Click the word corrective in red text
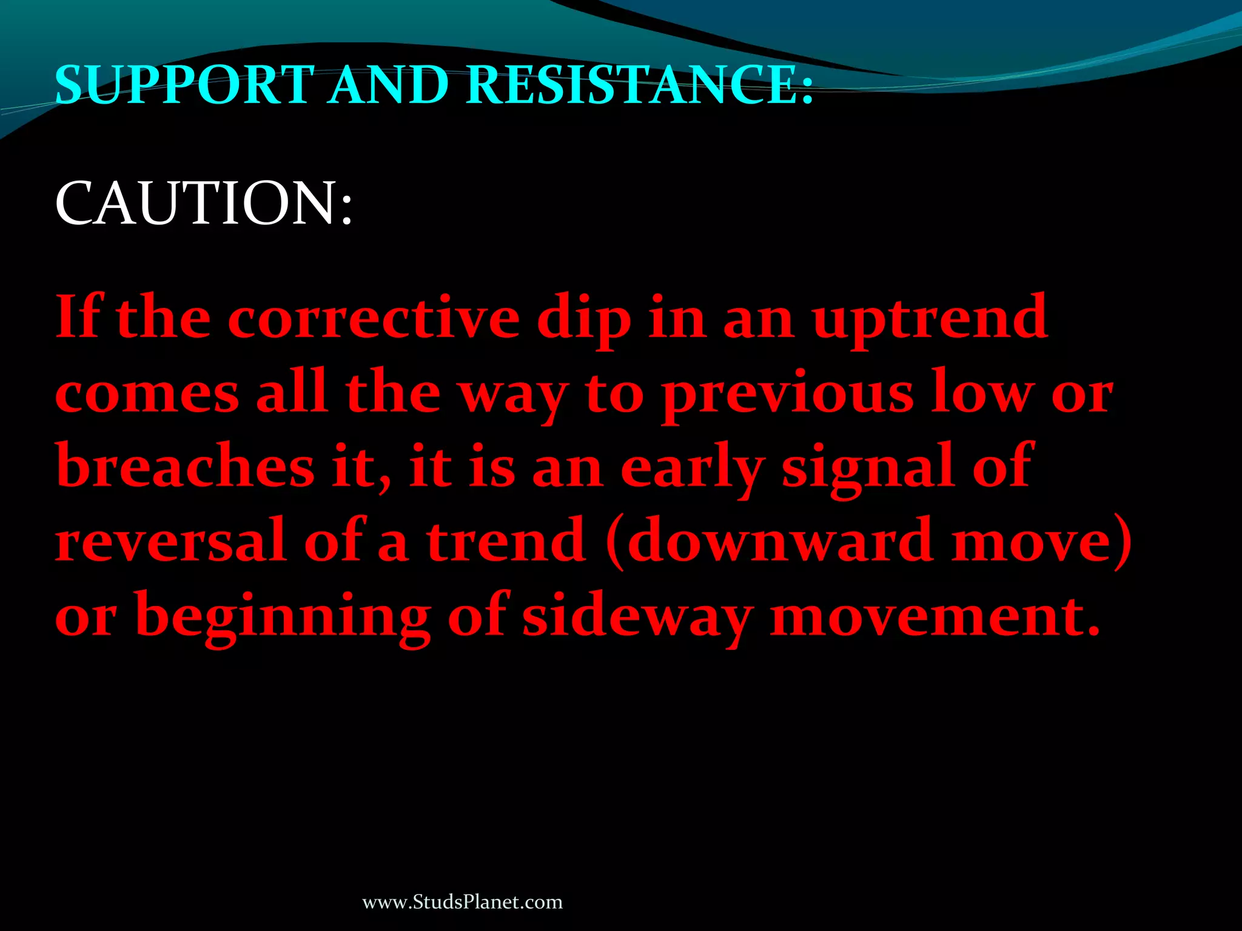374,318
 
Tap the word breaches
185,467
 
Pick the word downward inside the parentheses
780,539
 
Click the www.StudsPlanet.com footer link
462,903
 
